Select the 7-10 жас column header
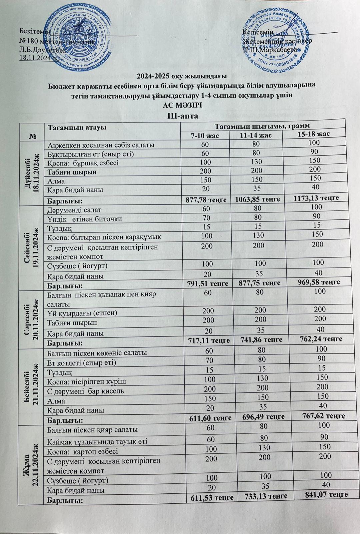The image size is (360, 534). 205,136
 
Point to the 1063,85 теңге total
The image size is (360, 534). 257,199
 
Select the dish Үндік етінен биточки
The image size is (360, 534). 85,219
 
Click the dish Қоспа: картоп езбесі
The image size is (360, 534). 83,451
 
